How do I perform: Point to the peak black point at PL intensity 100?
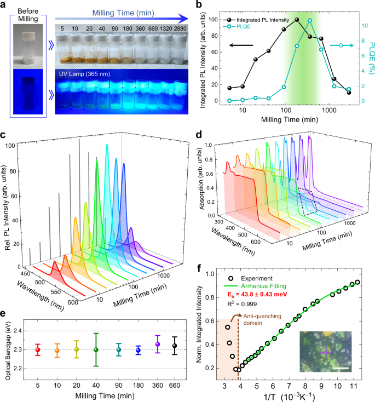click(297, 20)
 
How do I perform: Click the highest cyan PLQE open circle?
click(310, 21)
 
